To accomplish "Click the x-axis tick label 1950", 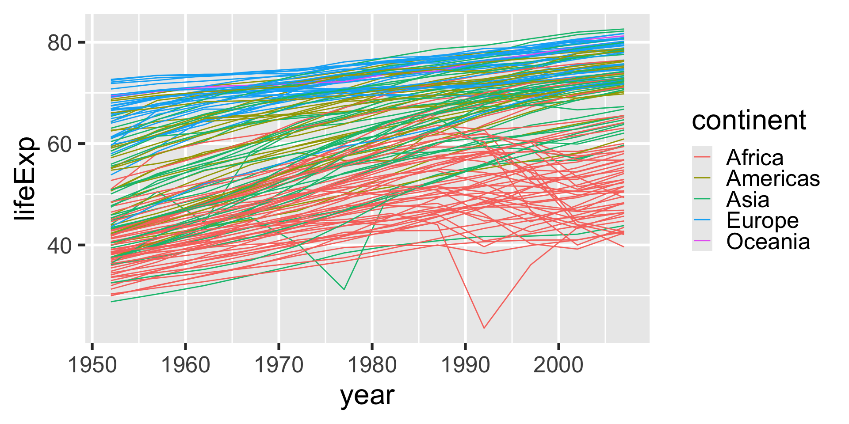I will (x=92, y=366).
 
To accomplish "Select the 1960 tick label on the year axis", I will (x=185, y=366).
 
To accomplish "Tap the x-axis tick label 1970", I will (x=279, y=366).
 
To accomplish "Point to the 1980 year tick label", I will (x=372, y=366).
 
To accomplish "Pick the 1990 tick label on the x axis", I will (x=465, y=366).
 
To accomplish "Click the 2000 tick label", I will (x=558, y=366).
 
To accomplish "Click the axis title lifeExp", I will (x=24, y=179).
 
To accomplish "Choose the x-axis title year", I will (x=367, y=396).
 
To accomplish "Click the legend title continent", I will (x=749, y=120).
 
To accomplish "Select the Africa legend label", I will (x=755, y=158).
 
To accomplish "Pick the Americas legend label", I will (x=773, y=178).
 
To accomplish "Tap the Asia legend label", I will (x=747, y=200).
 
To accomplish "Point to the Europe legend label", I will (x=762, y=220).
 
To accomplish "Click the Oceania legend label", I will (x=768, y=242).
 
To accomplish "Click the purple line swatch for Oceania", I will (x=702, y=241).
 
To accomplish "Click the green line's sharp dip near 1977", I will (x=344, y=289).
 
